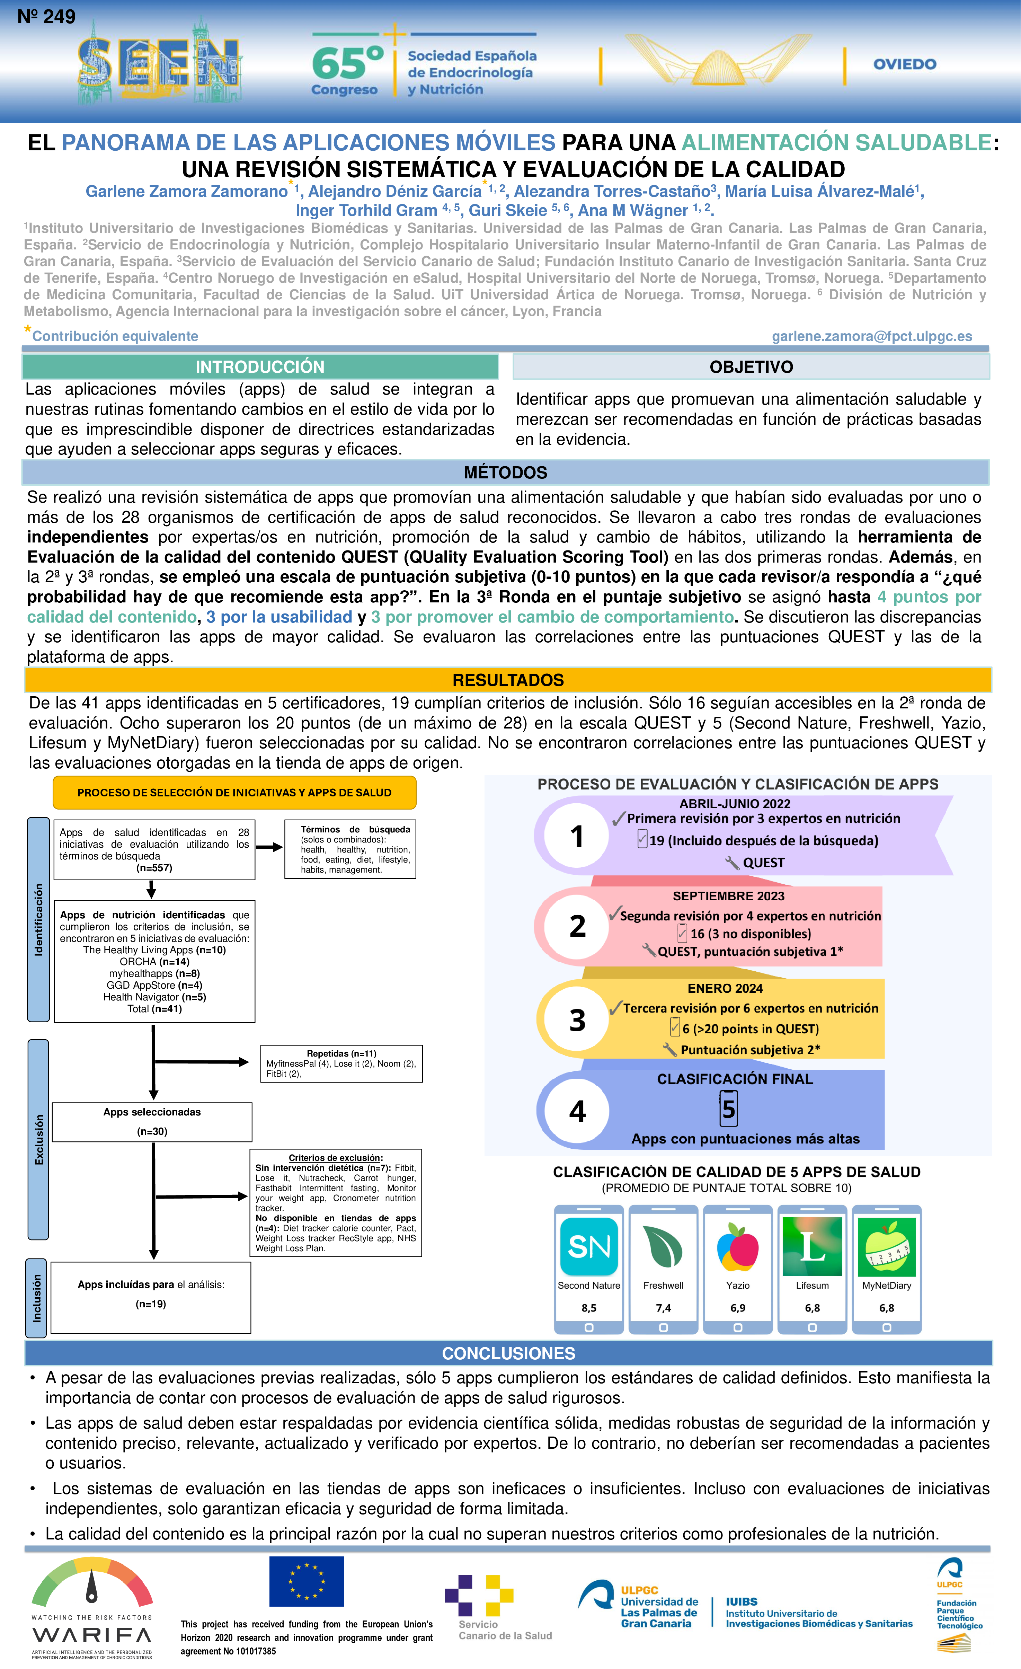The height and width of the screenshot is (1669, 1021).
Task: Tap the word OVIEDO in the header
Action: (x=905, y=64)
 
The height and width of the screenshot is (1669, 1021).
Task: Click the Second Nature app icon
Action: (x=588, y=1246)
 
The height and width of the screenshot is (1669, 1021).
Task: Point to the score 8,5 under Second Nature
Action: (x=588, y=1308)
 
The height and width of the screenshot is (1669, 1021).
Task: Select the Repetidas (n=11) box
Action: (x=341, y=1063)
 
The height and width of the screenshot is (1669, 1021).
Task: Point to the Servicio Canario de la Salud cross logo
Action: (x=479, y=1595)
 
